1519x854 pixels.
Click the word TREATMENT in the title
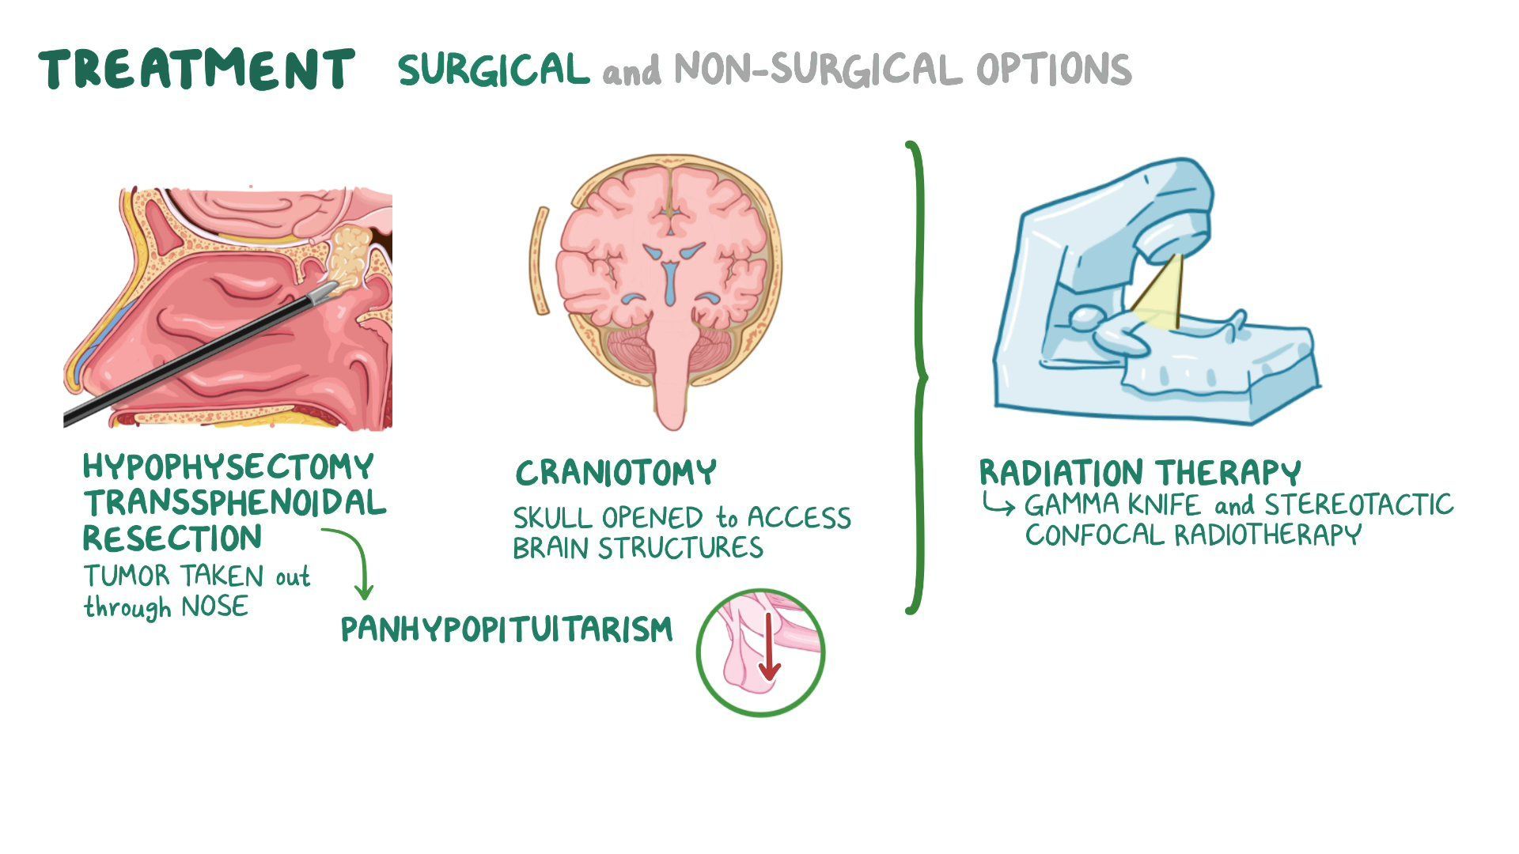[197, 69]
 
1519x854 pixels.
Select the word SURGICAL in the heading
[494, 70]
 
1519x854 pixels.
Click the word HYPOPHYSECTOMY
[228, 467]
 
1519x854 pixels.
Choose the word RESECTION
[172, 538]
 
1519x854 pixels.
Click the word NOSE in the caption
[214, 607]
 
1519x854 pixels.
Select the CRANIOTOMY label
[616, 473]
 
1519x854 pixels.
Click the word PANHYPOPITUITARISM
[507, 629]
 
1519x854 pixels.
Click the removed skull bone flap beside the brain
[539, 261]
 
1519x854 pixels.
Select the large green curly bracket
[917, 378]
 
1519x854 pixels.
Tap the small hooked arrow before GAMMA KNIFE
[998, 504]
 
